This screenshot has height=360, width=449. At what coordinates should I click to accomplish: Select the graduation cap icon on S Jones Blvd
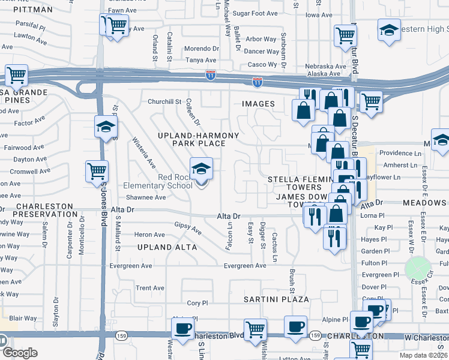coord(105,127)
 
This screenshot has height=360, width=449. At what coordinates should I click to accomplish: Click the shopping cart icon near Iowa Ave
coord(345,35)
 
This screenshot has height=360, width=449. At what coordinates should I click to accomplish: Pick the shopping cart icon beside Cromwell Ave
coord(96,172)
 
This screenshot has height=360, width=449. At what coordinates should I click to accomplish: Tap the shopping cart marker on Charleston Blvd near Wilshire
coord(256,328)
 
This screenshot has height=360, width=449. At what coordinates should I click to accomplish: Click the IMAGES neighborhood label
coord(258,104)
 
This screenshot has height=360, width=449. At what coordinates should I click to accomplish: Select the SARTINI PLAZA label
coord(276,299)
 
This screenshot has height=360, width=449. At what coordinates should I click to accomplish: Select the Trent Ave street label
coord(149,288)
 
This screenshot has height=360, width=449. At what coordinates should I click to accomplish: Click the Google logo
coord(20,353)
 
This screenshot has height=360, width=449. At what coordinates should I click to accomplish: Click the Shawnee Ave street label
coord(145,197)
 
